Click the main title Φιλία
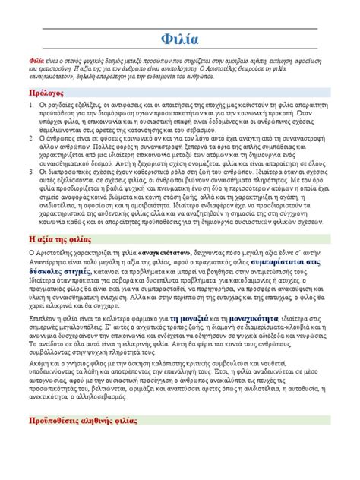coord(180,39)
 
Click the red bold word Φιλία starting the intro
coord(36,60)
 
